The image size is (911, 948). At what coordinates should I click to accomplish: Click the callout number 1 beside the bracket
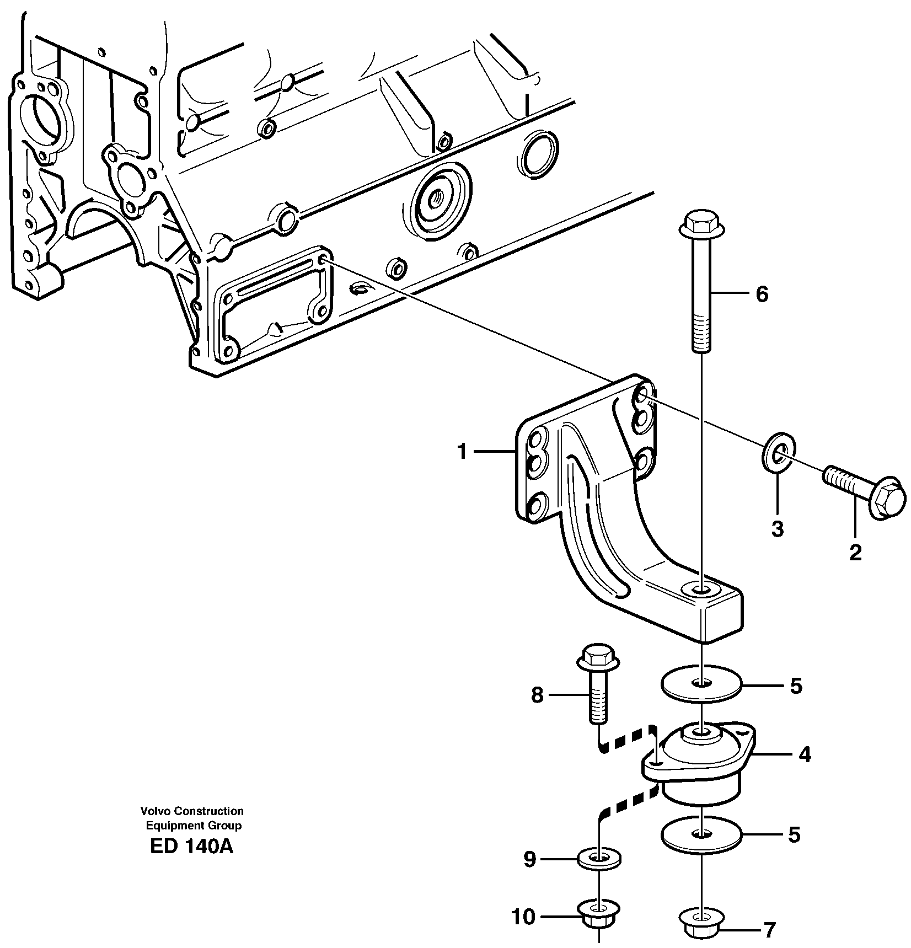[462, 452]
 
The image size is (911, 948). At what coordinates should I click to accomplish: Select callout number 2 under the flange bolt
[855, 552]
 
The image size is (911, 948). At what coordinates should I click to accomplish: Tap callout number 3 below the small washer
[777, 529]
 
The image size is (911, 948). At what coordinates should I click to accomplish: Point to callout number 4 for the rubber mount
[805, 754]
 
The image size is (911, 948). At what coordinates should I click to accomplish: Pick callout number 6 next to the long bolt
[762, 294]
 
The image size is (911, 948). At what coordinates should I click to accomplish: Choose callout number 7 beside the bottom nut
[769, 930]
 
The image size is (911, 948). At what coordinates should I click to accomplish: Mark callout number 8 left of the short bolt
[538, 695]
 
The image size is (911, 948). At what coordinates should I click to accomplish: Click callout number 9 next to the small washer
[530, 859]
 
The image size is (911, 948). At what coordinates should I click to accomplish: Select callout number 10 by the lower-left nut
[523, 917]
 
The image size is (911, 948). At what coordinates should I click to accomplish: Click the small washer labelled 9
[599, 858]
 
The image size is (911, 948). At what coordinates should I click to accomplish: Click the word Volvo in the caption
[153, 811]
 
